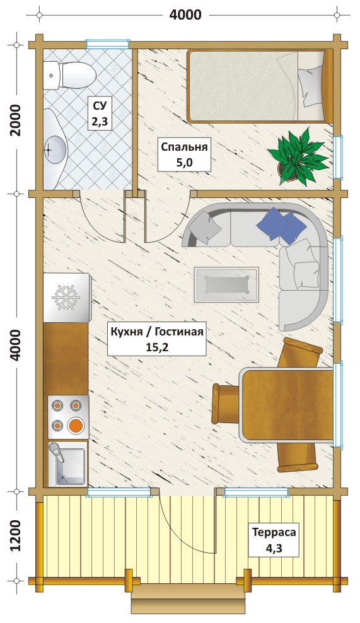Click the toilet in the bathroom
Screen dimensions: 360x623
(69, 74)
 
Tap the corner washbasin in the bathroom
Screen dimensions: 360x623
(55, 148)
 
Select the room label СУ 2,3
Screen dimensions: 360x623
(100, 114)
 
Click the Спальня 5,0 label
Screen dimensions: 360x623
(184, 154)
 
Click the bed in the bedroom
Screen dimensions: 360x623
(260, 86)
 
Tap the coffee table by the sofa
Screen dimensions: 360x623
(226, 284)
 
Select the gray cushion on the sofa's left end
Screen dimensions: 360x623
(205, 226)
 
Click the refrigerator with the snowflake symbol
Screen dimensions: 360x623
(66, 298)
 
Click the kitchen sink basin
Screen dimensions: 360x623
(68, 465)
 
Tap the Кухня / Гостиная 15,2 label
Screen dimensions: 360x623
(157, 339)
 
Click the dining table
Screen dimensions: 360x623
(286, 404)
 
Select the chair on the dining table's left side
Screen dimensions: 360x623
(226, 404)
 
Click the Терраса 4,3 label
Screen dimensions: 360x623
(274, 540)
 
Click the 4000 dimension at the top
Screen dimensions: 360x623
(185, 15)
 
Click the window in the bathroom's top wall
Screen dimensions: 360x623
(108, 44)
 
